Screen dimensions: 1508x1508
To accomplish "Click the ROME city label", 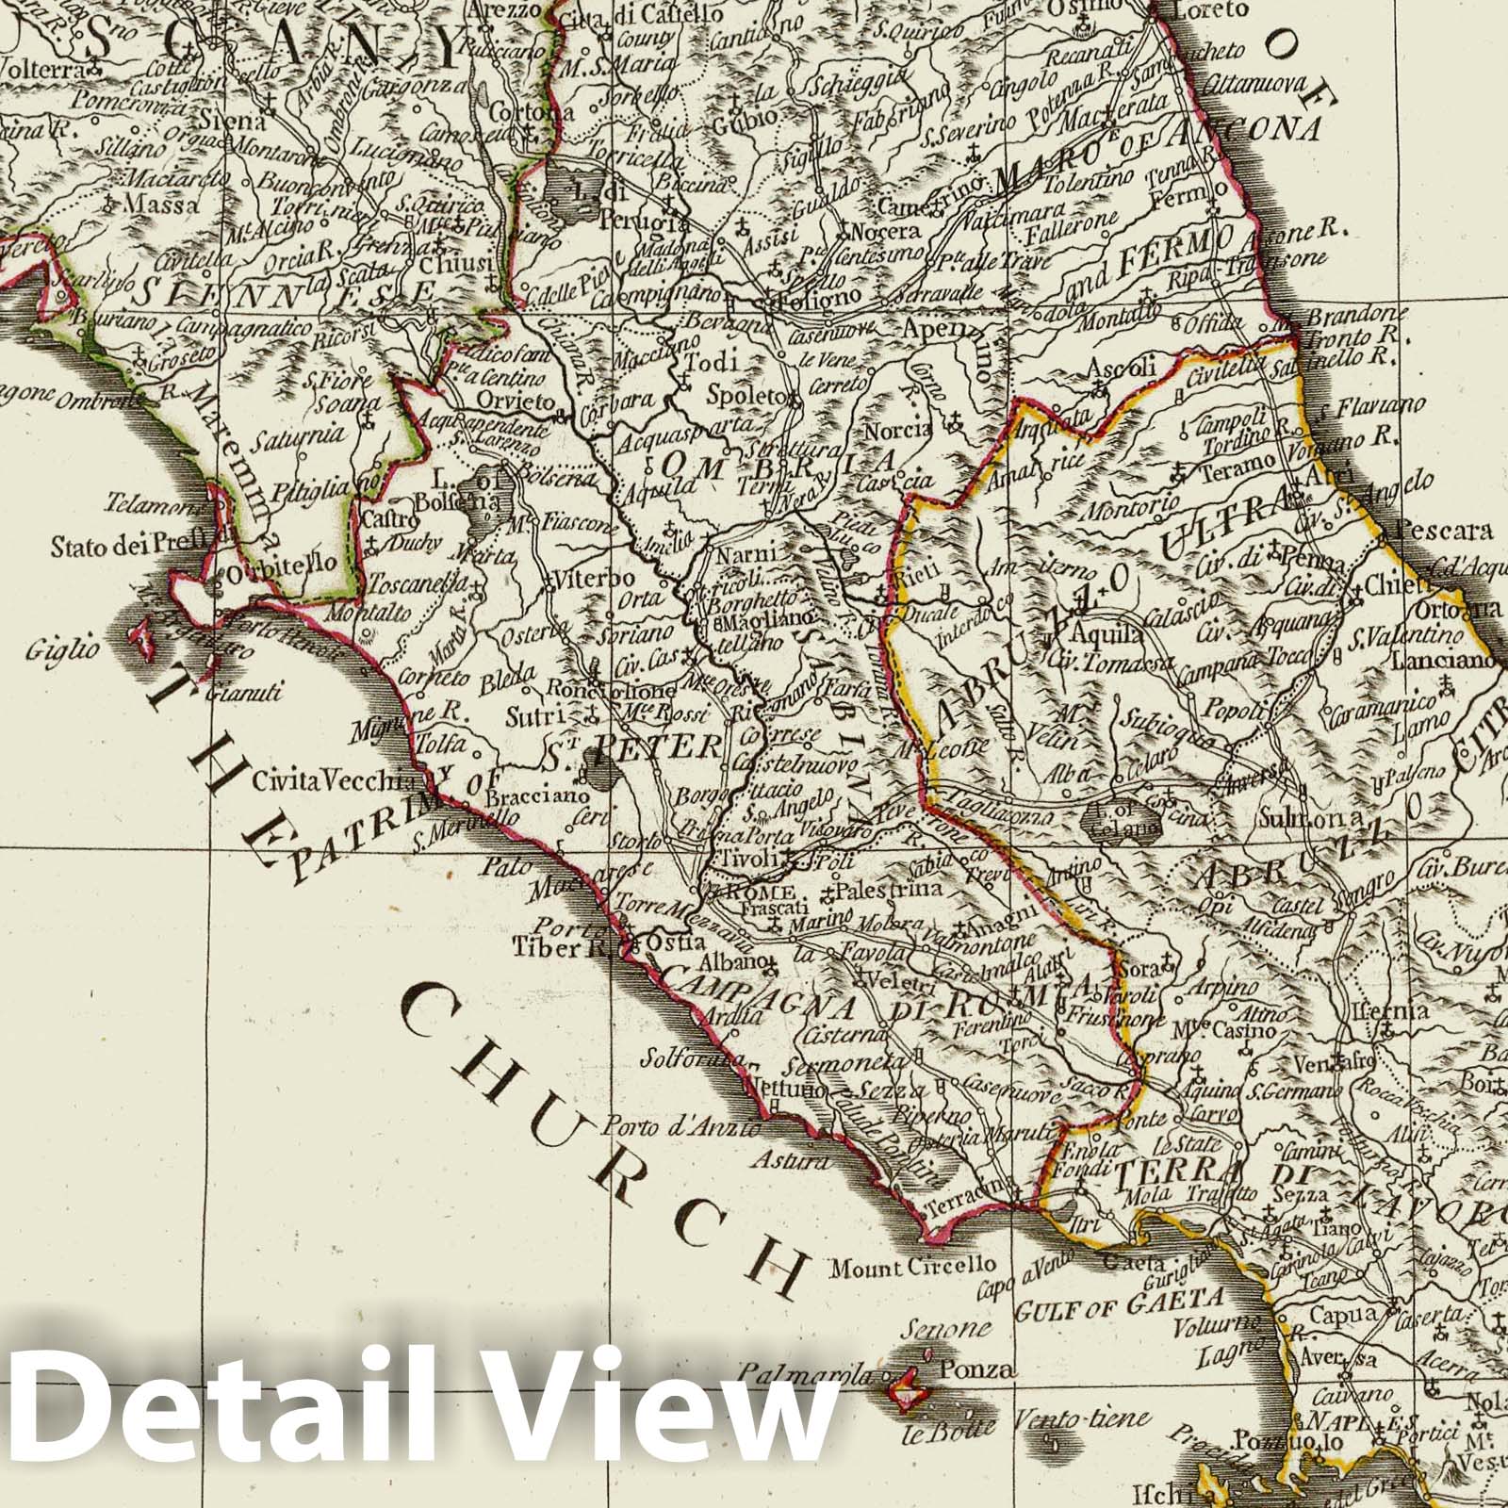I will coord(763,893).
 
